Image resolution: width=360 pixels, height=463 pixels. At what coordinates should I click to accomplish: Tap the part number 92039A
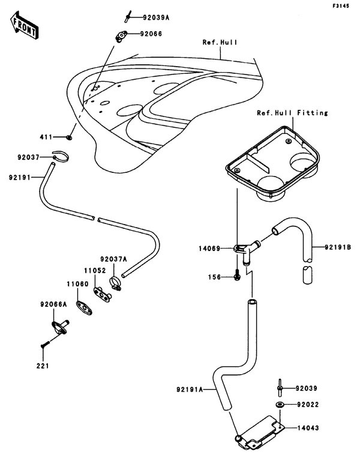tap(155, 18)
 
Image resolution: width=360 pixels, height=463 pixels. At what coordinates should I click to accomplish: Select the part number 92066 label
tap(151, 34)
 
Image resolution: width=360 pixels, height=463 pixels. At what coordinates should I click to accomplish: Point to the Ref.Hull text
tap(220, 43)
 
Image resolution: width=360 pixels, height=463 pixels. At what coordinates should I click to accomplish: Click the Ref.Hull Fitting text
tap(292, 112)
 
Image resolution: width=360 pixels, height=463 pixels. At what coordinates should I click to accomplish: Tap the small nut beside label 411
tap(70, 138)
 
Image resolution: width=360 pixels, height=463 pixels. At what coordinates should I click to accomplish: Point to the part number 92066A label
tap(53, 304)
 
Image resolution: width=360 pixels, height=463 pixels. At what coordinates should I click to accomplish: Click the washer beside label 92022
tap(280, 405)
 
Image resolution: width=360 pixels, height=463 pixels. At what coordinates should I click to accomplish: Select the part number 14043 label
tap(310, 429)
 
